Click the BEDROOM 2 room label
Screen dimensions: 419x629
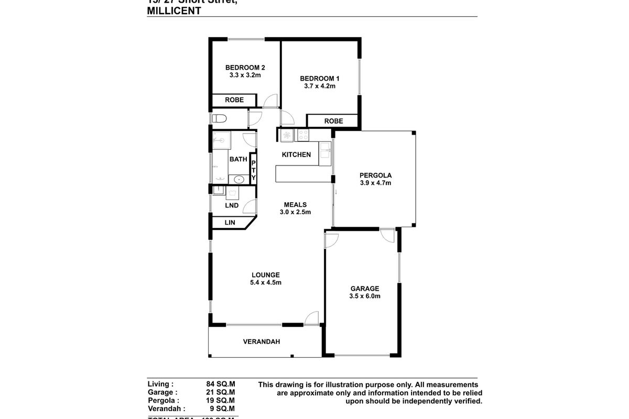click(x=245, y=68)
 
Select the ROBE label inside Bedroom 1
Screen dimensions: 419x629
click(x=333, y=121)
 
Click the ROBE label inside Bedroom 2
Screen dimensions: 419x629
click(x=234, y=100)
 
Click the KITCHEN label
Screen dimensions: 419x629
click(x=296, y=155)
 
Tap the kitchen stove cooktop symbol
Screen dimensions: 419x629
click(x=303, y=136)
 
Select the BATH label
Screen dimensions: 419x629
click(x=238, y=159)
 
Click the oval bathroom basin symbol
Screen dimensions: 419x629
click(x=239, y=179)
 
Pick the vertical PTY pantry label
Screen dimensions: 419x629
click(x=254, y=171)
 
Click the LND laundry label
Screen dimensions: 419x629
click(x=232, y=206)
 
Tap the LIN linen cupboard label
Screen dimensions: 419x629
click(x=230, y=223)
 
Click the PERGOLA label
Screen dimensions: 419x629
click(x=375, y=175)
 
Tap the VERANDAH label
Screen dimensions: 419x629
click(x=261, y=341)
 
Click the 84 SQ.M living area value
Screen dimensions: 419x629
click(x=221, y=384)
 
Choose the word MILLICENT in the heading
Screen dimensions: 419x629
click(x=174, y=10)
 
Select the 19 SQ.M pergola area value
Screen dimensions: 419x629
click(x=221, y=400)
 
